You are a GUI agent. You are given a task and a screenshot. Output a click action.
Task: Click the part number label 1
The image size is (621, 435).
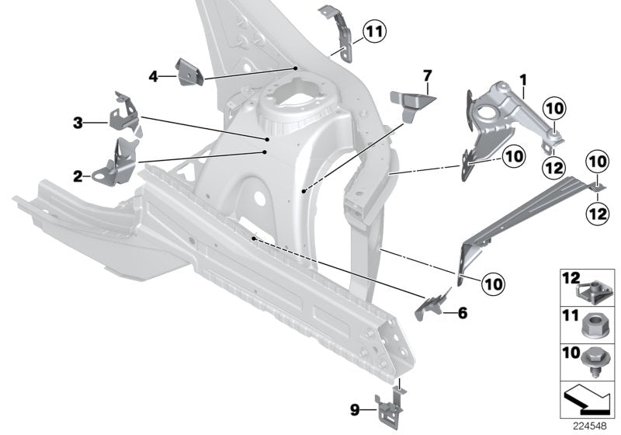pos(523,79)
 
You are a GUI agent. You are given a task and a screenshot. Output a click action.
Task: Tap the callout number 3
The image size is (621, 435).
pos(78,122)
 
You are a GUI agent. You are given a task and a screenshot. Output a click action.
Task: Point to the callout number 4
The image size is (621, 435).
pos(154,75)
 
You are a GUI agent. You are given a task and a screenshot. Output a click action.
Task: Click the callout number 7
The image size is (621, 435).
pos(426,75)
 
